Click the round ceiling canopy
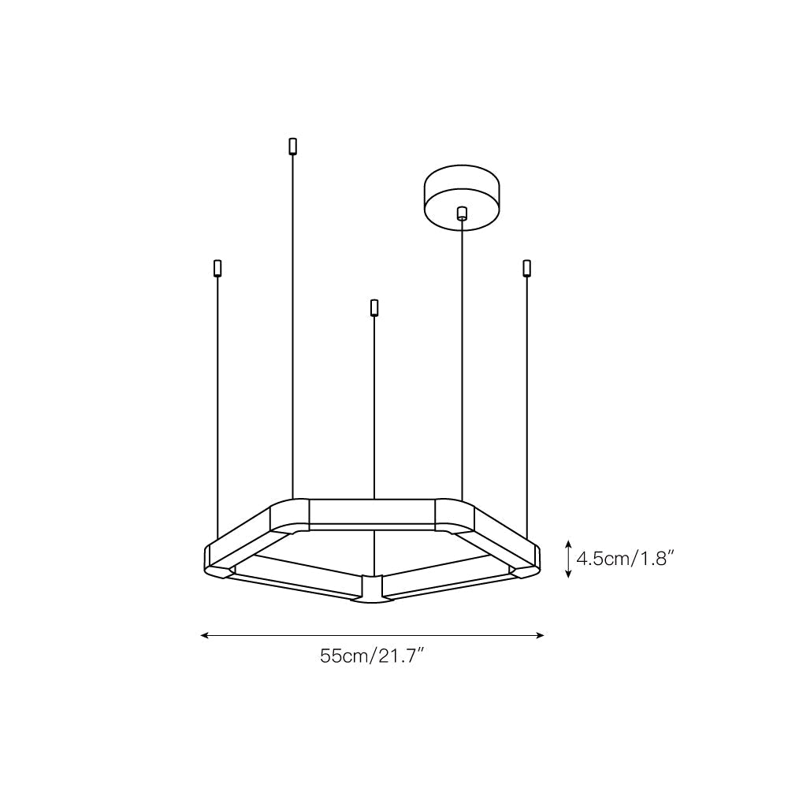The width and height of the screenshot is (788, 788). [461, 195]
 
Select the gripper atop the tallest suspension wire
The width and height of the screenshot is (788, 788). [292, 146]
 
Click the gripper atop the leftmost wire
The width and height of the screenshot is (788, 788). [217, 267]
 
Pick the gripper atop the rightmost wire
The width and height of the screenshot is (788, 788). [526, 267]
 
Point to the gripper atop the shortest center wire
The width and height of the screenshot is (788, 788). [374, 307]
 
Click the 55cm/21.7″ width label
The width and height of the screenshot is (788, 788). [372, 656]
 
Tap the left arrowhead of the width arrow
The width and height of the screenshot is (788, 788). [204, 634]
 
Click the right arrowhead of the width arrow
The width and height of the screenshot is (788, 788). [541, 634]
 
